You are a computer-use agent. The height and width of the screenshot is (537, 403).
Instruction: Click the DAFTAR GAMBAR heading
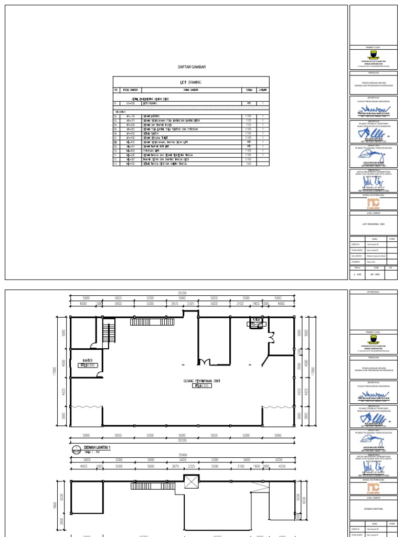(191, 68)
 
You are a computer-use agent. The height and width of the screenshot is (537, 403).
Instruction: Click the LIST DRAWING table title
(191, 82)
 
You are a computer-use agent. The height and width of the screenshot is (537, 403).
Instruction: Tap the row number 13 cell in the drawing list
(116, 164)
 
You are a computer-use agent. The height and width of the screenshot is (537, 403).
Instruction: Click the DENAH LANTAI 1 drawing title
(99, 447)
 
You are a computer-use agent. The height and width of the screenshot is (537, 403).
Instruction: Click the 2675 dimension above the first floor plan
(175, 303)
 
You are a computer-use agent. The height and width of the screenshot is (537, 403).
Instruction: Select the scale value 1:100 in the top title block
(357, 274)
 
